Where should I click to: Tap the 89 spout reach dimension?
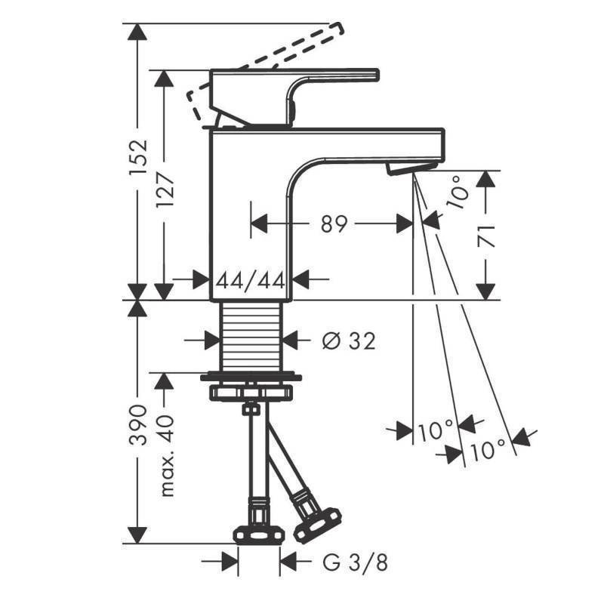point(333,223)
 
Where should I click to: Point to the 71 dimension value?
point(486,236)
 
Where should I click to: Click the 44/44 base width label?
point(250,280)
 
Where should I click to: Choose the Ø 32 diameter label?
point(348,342)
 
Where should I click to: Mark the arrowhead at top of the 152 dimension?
point(137,32)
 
